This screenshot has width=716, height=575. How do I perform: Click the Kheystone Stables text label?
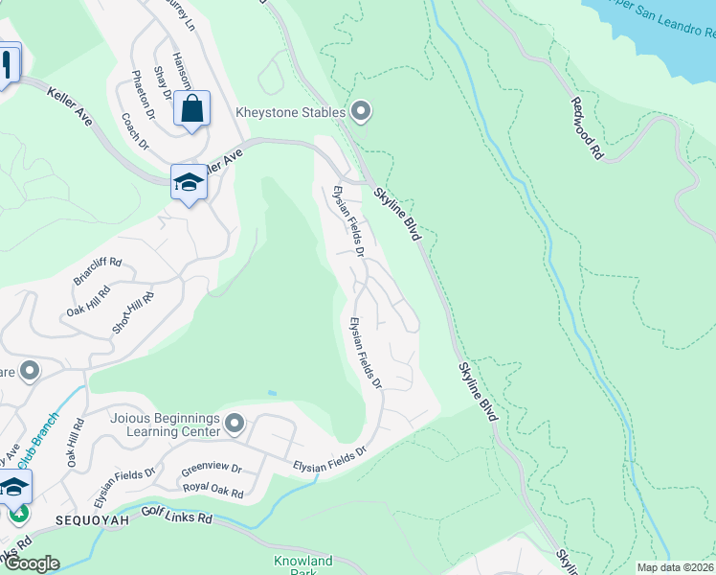[290, 113]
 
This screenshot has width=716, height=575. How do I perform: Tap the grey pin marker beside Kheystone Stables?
[361, 112]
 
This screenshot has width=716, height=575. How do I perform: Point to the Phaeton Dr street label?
[138, 88]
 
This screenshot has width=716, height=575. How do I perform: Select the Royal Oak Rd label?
[213, 491]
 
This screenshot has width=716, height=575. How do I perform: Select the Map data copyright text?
[675, 567]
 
